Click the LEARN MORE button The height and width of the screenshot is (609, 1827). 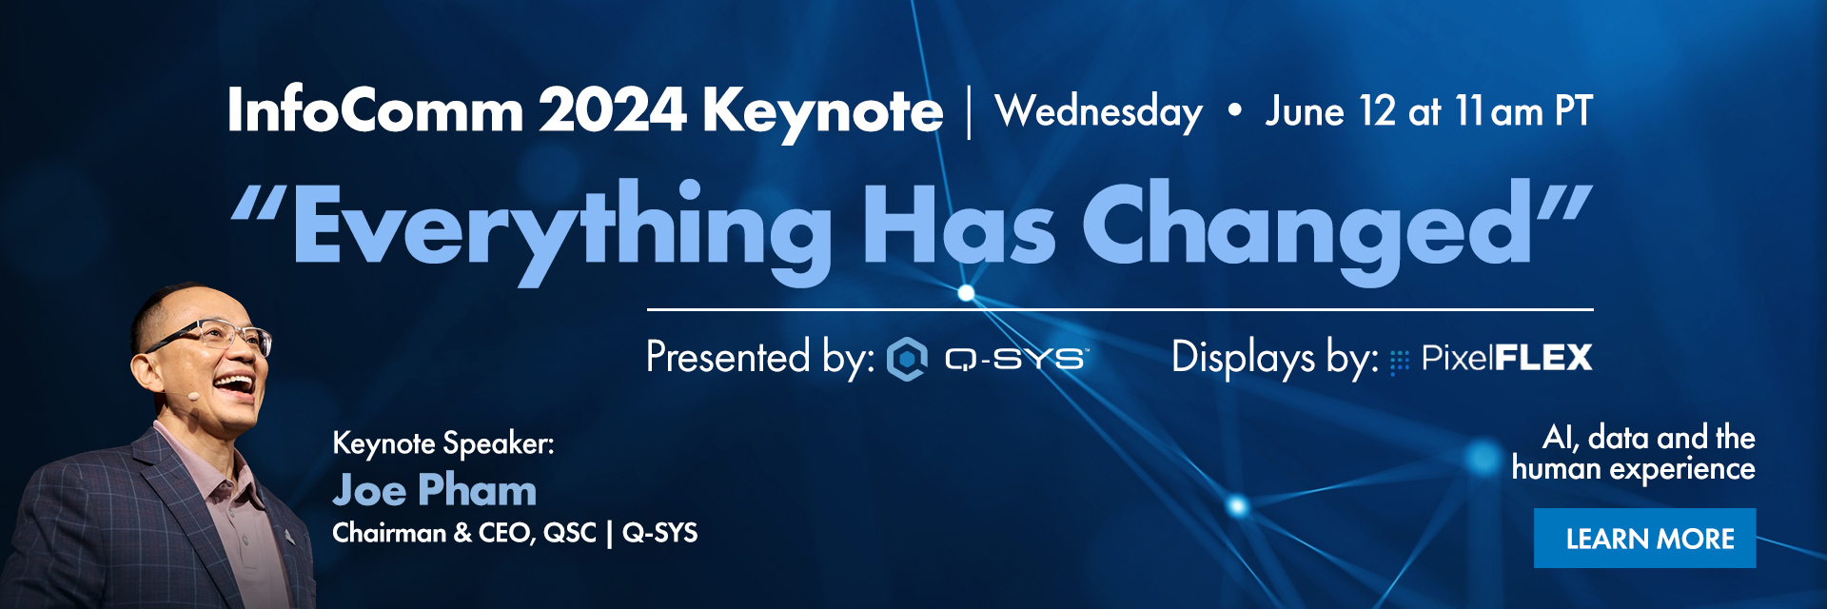coord(1644,539)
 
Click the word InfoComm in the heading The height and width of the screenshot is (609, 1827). coord(376,110)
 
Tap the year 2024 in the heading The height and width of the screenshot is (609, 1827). coord(613,110)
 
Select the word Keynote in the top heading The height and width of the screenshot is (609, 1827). coord(823,112)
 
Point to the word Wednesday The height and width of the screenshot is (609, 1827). coord(1098,112)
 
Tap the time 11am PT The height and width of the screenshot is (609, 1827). coord(1523,111)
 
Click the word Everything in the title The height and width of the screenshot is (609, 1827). coord(561,229)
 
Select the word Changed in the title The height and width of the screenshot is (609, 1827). coord(1306,229)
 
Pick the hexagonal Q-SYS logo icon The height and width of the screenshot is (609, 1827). coord(907,359)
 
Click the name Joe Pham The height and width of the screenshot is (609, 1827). coord(435,490)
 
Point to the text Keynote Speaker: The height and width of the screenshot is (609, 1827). coord(443,443)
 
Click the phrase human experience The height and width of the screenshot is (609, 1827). coord(1633,469)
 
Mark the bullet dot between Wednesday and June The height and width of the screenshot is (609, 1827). coord(1234,111)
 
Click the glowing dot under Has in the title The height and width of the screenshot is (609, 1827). coord(966,292)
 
